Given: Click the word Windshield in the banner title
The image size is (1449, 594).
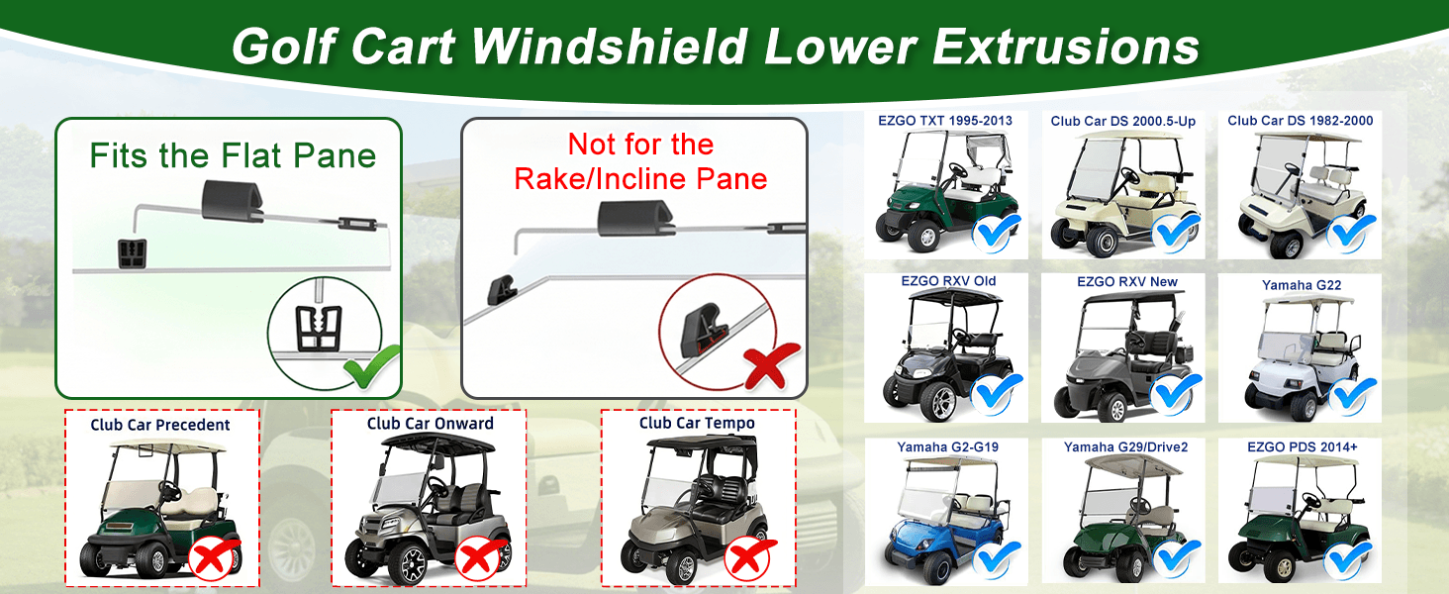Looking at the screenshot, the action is pos(610,47).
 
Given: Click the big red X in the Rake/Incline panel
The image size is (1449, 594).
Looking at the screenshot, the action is pos(771,366).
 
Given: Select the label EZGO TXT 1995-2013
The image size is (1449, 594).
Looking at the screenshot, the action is pos(945,121).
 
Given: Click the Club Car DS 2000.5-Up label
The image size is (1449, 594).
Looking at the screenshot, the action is pos(1123,121).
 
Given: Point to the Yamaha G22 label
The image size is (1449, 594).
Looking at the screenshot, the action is pos(1302,285).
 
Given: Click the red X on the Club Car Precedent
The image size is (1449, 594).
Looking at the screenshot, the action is pos(213,557).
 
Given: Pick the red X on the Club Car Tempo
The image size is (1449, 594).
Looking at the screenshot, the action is pos(749,557).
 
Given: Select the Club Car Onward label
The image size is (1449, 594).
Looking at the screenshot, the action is pos(431,423).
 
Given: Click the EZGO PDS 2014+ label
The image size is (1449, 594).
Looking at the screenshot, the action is pos(1303,447).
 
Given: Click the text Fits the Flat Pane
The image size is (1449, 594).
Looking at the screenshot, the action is pos(233,155).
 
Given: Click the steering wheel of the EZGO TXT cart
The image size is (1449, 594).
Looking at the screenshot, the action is pos(958,170).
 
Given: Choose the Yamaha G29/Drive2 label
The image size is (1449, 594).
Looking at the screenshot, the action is pos(1125,447).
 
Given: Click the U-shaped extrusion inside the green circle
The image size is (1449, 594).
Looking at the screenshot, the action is pos(319,328).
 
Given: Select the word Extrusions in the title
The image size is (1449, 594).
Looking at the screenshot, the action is pos(1066,47).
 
